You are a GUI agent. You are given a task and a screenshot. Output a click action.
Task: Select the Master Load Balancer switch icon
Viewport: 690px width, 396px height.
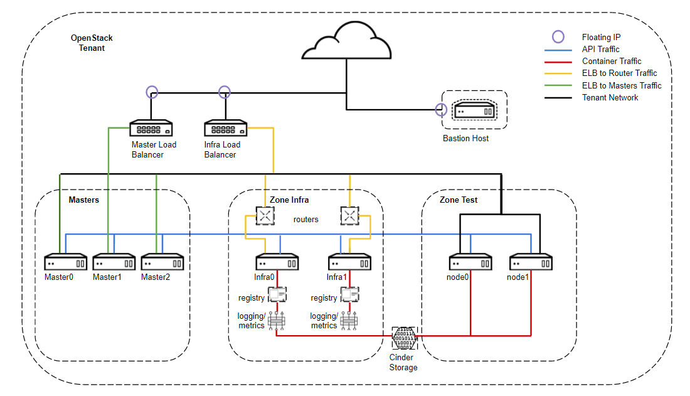(151, 128)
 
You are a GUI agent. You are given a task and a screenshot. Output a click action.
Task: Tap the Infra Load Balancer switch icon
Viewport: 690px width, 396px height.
(226, 128)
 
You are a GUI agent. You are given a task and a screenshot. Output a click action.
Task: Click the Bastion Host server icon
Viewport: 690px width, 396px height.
(474, 110)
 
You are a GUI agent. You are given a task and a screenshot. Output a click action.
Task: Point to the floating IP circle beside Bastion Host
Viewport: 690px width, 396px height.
(441, 110)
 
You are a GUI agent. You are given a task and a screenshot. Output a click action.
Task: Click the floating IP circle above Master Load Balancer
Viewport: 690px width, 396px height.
(152, 92)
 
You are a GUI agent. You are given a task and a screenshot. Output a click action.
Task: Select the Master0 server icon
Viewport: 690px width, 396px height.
(66, 262)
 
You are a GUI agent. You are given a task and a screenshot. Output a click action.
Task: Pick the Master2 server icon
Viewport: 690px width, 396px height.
(162, 262)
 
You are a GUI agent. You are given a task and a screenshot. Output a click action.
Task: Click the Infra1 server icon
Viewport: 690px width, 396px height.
(350, 262)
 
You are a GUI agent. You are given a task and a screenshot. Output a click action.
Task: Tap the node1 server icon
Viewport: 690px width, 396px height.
(531, 262)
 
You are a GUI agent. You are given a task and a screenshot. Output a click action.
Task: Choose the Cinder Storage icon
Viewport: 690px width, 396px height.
(405, 338)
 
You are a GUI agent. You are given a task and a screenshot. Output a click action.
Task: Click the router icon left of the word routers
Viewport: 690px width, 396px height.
(265, 216)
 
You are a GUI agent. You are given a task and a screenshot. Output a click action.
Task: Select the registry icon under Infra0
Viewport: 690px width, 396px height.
(277, 295)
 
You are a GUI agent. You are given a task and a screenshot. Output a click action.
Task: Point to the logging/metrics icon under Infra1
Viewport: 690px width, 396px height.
(349, 321)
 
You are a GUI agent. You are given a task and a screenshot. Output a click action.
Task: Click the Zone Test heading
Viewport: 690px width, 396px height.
(459, 200)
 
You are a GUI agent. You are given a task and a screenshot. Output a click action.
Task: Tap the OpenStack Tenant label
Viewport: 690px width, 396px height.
(92, 43)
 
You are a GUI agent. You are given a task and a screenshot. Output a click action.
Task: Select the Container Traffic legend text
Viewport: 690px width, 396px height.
(612, 62)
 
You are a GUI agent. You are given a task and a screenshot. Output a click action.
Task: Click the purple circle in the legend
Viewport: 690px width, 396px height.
(558, 36)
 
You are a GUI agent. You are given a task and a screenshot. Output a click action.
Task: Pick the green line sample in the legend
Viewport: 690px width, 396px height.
(558, 85)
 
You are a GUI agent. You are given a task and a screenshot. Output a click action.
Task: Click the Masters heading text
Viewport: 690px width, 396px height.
(84, 200)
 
